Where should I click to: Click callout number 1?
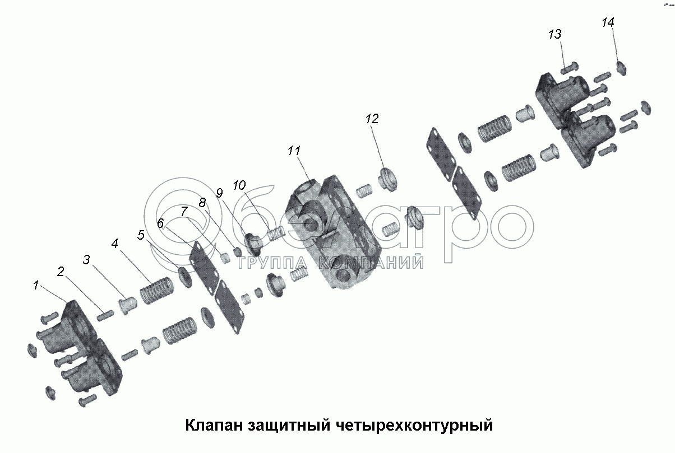(36, 285)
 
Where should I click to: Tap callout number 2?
(61, 272)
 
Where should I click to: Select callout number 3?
(86, 259)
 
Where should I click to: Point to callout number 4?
(114, 243)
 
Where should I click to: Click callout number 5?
(141, 235)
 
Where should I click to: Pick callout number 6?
(160, 223)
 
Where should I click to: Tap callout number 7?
(184, 211)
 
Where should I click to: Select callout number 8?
(202, 202)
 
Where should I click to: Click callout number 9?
(219, 193)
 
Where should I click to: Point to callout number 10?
(239, 185)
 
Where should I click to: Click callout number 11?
(294, 151)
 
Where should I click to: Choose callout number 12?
(372, 119)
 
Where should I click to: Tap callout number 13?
(555, 34)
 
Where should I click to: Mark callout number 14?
(608, 22)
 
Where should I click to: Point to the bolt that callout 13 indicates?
(570, 68)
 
